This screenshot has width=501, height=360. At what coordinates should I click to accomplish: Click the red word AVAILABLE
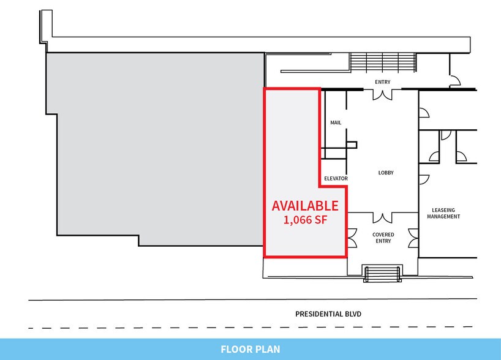(304, 206)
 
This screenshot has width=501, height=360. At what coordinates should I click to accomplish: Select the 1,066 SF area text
(304, 220)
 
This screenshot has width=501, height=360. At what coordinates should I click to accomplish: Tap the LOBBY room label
(385, 173)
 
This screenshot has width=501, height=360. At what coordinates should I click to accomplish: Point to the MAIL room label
(335, 122)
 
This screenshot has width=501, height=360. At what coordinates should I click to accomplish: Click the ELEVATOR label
(336, 179)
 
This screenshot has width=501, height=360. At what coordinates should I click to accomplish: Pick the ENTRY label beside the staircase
(383, 82)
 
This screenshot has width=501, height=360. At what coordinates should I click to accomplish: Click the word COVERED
(383, 234)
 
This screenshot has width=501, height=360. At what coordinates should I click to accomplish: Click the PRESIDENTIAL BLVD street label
(328, 314)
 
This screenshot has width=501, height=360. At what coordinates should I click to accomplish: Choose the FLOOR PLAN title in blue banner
(250, 350)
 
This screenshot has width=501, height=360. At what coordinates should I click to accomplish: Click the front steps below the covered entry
(383, 274)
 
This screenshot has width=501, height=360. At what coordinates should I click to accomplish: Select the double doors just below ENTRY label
(383, 94)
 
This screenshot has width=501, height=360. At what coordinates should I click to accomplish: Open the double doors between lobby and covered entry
(383, 217)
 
